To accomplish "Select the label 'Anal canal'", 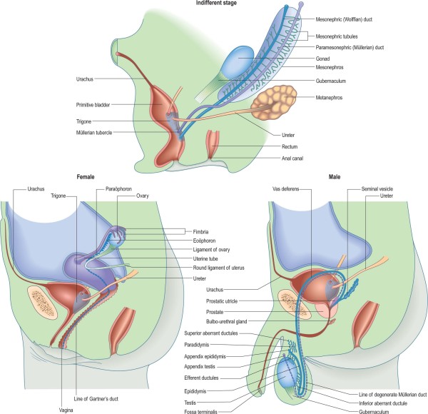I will tap(329, 161).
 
